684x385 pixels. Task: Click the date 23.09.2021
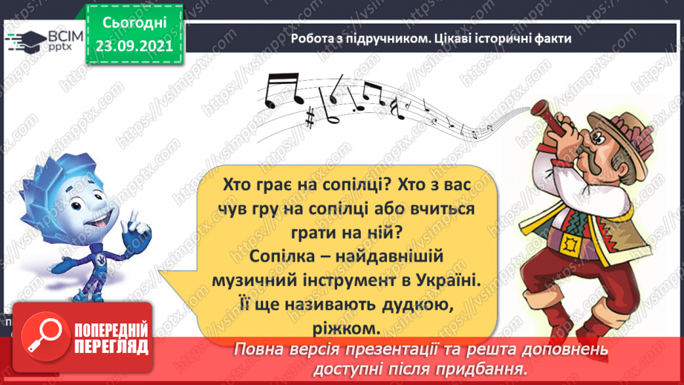point(134,44)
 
